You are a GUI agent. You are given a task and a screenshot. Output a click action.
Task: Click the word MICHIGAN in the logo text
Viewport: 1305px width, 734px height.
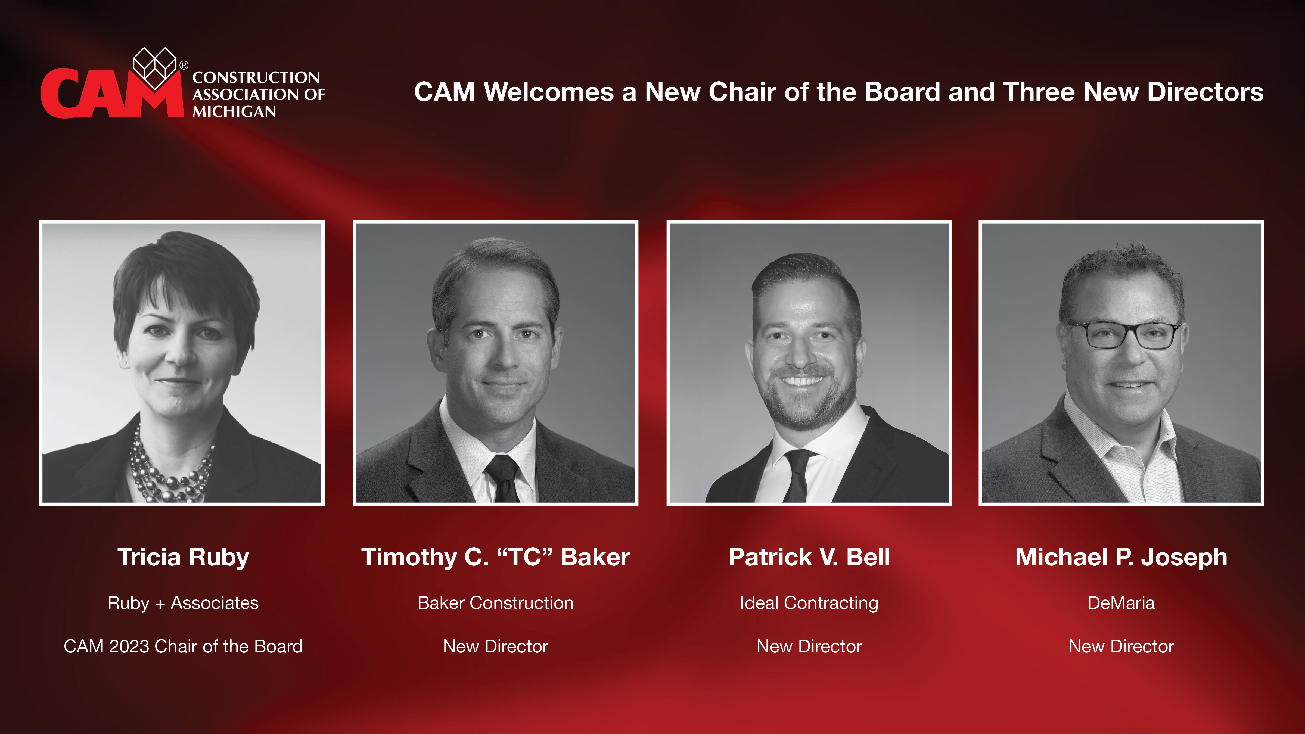point(234,111)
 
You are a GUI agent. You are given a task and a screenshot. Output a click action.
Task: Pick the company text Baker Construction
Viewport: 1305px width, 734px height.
point(495,603)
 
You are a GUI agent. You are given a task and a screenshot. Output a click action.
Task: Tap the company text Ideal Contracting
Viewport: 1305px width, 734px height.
point(809,603)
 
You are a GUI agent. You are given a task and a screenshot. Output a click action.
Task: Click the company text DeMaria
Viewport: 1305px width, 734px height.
point(1121,603)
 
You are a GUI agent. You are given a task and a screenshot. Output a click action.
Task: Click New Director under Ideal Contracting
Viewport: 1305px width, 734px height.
point(809,646)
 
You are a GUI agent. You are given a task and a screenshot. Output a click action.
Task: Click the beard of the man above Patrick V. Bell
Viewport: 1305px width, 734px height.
point(806,405)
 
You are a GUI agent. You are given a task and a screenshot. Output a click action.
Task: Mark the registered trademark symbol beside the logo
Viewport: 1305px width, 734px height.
point(184,65)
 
